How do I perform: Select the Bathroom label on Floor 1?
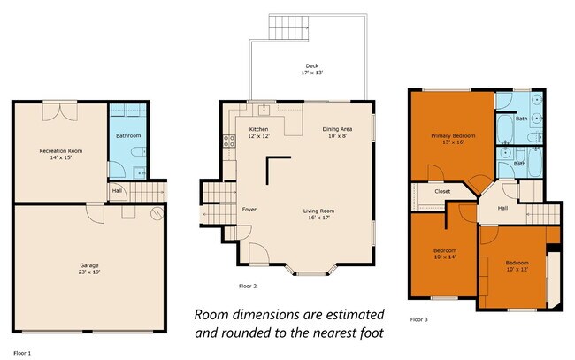[x=128, y=136]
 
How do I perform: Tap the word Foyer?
[x=249, y=210]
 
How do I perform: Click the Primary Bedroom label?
[x=453, y=139]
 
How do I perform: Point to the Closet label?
[x=442, y=191]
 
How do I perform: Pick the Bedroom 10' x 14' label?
[x=444, y=254]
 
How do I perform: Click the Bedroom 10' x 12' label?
[x=517, y=265]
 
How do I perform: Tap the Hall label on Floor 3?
[x=502, y=209]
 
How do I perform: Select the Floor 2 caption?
[x=248, y=286]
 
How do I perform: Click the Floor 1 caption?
[x=23, y=353]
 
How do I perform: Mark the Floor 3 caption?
[x=419, y=318]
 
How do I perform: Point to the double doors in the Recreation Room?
[x=60, y=111]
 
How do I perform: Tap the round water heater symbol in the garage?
[x=157, y=212]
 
